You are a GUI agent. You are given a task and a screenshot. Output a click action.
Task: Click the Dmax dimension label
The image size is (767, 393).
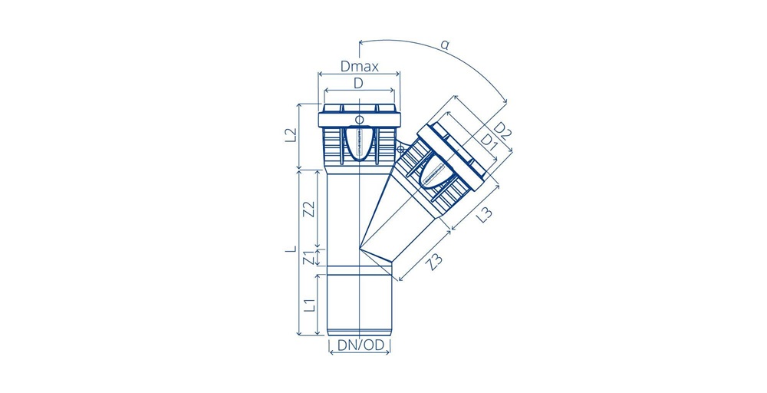[x=360, y=67]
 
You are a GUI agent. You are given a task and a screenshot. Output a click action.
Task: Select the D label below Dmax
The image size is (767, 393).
[x=358, y=84]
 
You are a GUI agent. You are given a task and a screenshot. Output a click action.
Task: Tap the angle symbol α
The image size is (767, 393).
[x=445, y=45]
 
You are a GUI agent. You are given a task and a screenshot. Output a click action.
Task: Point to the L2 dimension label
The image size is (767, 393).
[x=291, y=135]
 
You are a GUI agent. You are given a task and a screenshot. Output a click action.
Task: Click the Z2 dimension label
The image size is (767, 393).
[x=308, y=208]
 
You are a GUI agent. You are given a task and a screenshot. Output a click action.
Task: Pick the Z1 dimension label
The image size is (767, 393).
[x=308, y=257]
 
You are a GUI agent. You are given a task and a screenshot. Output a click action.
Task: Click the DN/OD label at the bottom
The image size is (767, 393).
[x=360, y=345]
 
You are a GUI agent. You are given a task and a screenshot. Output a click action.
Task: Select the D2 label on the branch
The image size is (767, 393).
[x=502, y=130]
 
